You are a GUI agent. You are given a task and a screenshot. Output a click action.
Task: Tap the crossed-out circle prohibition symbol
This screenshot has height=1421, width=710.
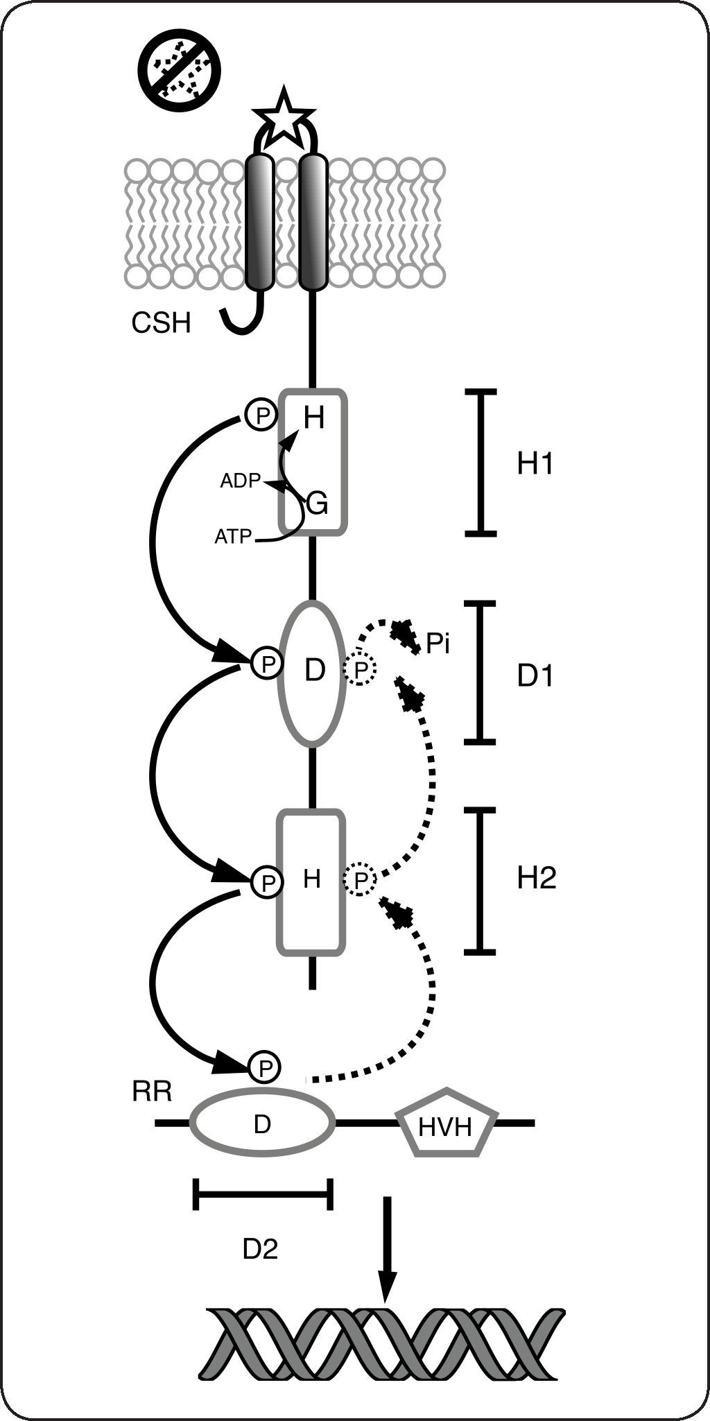click(x=178, y=69)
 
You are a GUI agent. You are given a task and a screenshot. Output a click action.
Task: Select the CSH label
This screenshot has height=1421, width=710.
click(x=161, y=323)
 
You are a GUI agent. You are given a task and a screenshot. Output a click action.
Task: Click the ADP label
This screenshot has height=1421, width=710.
click(x=240, y=481)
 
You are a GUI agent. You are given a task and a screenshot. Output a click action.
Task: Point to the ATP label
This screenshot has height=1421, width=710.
click(x=233, y=536)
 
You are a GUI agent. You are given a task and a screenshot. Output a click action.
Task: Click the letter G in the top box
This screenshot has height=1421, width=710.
click(x=317, y=503)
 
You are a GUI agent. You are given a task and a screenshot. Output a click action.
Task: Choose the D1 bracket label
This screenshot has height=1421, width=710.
click(x=536, y=675)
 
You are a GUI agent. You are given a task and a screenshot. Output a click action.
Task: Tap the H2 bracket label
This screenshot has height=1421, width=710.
click(x=537, y=879)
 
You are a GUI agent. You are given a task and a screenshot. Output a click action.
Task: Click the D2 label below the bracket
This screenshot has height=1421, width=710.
click(x=260, y=1249)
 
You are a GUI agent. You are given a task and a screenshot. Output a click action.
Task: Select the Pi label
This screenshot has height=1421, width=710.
click(x=438, y=644)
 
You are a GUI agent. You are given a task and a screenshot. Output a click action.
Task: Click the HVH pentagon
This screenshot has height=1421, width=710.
click(x=445, y=1127)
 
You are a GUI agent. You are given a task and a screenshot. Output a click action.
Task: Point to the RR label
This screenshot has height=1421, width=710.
click(x=152, y=1092)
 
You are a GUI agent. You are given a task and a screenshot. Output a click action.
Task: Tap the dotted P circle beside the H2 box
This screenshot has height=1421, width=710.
click(x=360, y=880)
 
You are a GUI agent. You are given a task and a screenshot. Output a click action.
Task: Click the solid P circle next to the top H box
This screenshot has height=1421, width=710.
click(x=261, y=415)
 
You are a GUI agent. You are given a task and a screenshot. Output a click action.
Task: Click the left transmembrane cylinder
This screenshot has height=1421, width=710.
click(x=261, y=221)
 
